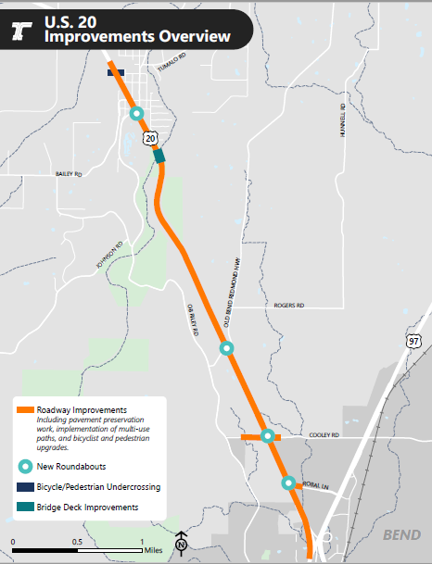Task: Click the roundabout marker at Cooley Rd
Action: click(267, 436)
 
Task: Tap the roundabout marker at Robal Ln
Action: click(288, 483)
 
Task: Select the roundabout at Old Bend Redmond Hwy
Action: click(226, 349)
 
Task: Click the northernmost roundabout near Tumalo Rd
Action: click(137, 114)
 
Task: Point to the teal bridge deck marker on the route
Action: click(159, 156)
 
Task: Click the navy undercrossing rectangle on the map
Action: click(116, 70)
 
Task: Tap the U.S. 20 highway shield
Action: click(150, 137)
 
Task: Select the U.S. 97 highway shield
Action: click(413, 342)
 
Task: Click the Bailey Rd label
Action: click(70, 174)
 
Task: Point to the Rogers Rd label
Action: click(288, 304)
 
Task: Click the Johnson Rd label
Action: click(109, 257)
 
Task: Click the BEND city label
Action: click(402, 535)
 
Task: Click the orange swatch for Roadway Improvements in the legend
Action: click(25, 409)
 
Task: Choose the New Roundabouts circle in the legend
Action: click(25, 466)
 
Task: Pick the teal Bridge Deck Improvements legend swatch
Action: click(25, 507)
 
